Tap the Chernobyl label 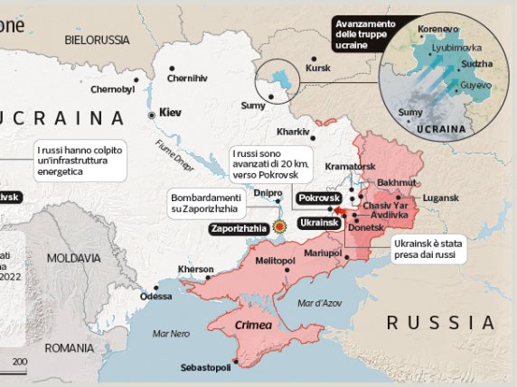(x=113, y=89)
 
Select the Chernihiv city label (x=188, y=78)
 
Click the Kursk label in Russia (x=318, y=68)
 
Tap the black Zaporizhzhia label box (x=239, y=228)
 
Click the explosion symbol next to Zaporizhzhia (x=280, y=227)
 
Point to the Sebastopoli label (x=204, y=366)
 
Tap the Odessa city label (x=155, y=296)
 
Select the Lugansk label (x=441, y=198)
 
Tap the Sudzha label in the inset (x=476, y=64)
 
